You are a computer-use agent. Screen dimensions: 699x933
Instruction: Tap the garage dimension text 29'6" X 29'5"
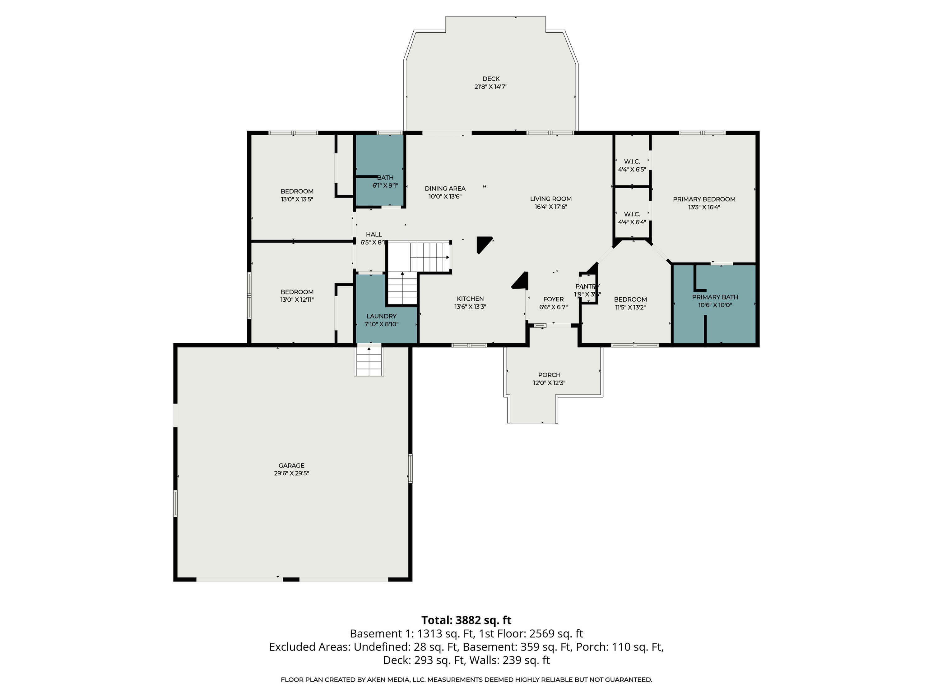coord(291,473)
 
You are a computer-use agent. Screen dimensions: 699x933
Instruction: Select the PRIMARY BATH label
coord(715,297)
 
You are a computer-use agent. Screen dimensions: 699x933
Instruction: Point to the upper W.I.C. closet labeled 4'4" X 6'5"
coord(632,165)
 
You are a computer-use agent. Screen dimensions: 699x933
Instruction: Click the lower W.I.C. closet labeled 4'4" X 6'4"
coord(632,218)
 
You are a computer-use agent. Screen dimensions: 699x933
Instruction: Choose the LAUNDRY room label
coord(381,316)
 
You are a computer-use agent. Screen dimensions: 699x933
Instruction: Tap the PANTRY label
coord(587,286)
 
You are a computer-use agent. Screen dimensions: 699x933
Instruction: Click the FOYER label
coord(553,299)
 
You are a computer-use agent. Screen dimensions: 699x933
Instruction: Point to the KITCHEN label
coord(470,299)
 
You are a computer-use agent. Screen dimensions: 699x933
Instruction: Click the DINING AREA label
coord(445,188)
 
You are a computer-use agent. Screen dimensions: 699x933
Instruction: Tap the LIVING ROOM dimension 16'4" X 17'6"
coord(551,207)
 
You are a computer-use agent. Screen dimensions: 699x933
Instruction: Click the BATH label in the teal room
coord(385,177)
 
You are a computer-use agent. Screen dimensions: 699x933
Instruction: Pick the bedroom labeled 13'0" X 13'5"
coord(297,195)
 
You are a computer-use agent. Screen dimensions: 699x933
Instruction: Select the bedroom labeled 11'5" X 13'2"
coord(630,303)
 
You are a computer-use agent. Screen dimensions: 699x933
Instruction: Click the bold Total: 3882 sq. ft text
coord(466,620)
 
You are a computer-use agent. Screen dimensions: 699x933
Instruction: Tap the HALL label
coord(374,234)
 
